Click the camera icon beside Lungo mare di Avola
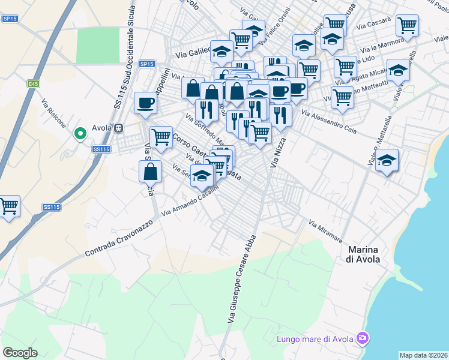pyautogui.click(x=362, y=339)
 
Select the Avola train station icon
pyautogui.click(x=119, y=128)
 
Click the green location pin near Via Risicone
pyautogui.click(x=79, y=133)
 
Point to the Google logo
pyautogui.click(x=20, y=352)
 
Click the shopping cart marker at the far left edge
pyautogui.click(x=8, y=206)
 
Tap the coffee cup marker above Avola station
pyautogui.click(x=145, y=103)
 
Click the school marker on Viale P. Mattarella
pyautogui.click(x=387, y=160)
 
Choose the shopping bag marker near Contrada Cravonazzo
pyautogui.click(x=150, y=171)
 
